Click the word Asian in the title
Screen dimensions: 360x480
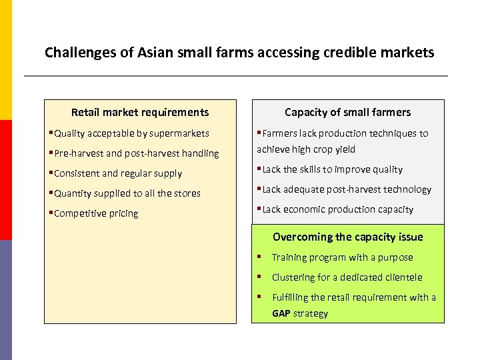click(141, 52)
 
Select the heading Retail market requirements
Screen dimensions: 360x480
click(140, 113)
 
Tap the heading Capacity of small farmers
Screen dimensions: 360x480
click(347, 113)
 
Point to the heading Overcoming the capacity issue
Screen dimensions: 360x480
click(347, 237)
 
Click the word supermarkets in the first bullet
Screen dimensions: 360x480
click(179, 133)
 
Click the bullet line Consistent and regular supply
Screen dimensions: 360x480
click(117, 173)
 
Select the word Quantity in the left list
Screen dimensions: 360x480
click(74, 193)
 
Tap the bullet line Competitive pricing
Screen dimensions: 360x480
click(96, 213)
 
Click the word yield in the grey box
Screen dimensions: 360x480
click(345, 149)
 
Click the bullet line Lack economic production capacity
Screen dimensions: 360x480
click(337, 209)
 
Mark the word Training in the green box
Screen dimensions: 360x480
click(290, 257)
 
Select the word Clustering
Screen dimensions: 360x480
click(294, 277)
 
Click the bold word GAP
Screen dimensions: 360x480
click(281, 313)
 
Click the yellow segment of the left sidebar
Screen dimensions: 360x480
click(5, 60)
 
